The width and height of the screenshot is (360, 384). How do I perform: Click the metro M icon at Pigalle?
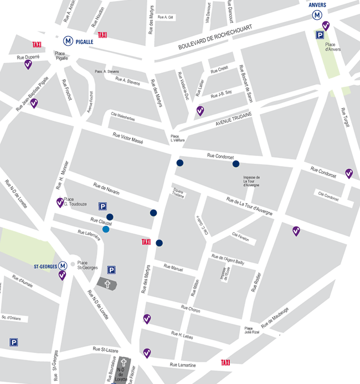[68, 40]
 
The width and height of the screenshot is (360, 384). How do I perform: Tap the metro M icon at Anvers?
[317, 15]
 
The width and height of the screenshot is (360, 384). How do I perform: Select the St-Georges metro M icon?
[63, 266]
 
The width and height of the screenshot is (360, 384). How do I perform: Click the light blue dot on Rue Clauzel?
[106, 229]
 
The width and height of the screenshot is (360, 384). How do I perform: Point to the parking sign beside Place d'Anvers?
[320, 35]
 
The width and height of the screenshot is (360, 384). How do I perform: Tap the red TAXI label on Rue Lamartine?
[225, 363]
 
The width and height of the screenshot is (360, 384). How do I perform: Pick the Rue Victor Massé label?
[128, 138]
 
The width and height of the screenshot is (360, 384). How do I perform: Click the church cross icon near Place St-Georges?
[108, 283]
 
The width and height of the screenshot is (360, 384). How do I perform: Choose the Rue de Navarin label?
[106, 189]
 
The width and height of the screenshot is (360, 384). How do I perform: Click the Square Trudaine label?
[178, 193]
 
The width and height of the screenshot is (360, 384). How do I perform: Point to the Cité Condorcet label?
[328, 196]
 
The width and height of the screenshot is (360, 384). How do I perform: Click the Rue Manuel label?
[173, 268]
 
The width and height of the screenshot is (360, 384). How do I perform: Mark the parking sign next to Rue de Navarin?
[102, 206]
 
